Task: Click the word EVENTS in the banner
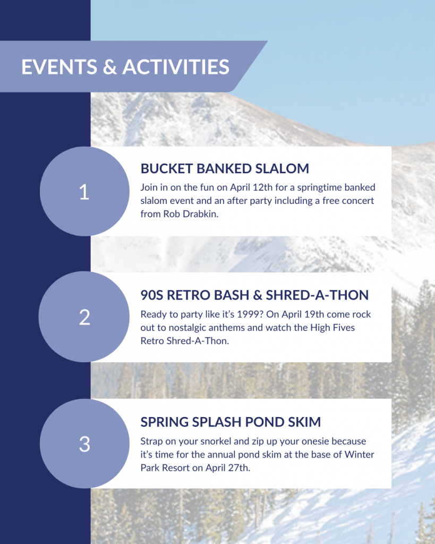pos(59,66)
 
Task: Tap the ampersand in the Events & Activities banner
pos(110,66)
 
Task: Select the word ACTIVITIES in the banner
pos(176,66)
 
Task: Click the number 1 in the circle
pos(84,192)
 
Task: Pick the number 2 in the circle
pos(84,317)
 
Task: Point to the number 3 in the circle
pos(84,444)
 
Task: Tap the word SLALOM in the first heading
pos(282,168)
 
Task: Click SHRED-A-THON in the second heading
pos(317,295)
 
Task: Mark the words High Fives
pos(332,327)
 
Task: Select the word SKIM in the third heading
pos(303,422)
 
